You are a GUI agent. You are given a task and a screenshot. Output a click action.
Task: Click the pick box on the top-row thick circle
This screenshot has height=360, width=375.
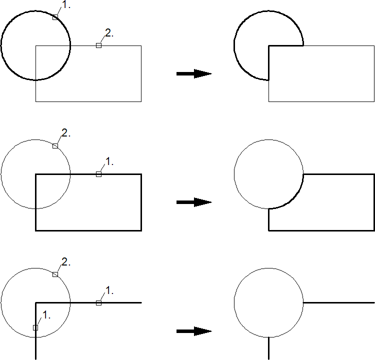(x=55, y=17)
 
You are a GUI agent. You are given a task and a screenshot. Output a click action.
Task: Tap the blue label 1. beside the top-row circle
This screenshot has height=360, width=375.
(x=66, y=5)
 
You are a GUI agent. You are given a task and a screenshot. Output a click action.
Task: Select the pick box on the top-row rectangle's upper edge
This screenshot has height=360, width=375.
(x=98, y=45)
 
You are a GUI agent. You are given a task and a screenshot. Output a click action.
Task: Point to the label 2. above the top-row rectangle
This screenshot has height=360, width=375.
(x=109, y=33)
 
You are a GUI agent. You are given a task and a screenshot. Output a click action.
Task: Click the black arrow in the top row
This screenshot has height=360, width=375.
(x=194, y=74)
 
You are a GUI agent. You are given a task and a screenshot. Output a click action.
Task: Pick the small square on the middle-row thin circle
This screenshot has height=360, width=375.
(x=55, y=145)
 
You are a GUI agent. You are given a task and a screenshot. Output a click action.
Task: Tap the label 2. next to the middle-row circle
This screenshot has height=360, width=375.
(x=66, y=133)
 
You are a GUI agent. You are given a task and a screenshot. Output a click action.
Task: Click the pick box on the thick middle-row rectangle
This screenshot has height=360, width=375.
(x=98, y=174)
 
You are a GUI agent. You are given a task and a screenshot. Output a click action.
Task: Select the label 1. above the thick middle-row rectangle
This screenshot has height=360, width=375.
(x=109, y=161)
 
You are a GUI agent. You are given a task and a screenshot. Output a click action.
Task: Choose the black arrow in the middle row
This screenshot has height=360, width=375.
(x=194, y=202)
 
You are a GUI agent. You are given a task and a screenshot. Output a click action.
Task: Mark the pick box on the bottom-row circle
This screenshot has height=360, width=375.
(x=55, y=274)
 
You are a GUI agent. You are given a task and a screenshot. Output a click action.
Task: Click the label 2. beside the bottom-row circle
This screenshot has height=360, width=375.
(x=66, y=262)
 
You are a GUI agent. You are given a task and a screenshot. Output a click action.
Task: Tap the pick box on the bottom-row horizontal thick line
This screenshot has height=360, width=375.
(x=98, y=303)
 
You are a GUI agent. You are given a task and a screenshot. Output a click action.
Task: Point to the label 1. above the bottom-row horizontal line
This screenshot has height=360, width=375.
(x=109, y=290)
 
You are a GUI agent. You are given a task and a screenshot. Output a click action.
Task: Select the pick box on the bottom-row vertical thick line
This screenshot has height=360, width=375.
(x=35, y=327)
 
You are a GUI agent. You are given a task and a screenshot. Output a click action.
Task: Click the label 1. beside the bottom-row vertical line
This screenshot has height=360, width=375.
(x=46, y=315)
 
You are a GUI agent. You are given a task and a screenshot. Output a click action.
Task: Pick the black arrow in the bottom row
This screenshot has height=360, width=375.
(x=194, y=331)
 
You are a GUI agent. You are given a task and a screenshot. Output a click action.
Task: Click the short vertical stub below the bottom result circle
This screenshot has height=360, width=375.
(x=269, y=348)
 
